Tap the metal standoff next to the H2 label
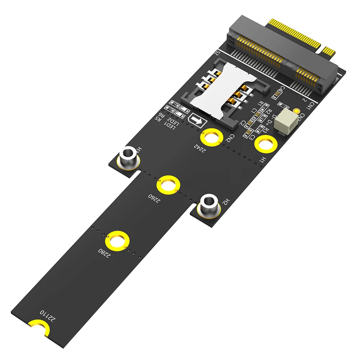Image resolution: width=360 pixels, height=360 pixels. coord(209,206)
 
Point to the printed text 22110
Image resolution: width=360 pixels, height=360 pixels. coord(48,315)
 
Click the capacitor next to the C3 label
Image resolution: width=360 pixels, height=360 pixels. coord(247,135)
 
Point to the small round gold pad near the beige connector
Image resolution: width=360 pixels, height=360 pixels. coord(296,112)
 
